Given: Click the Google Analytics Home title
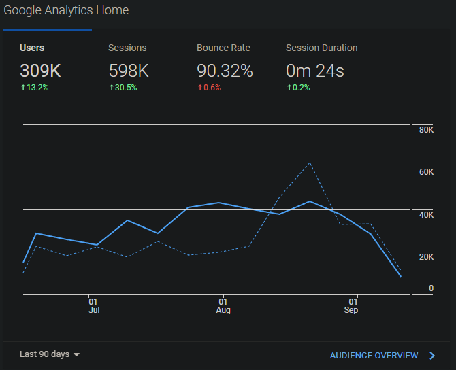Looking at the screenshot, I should point(66,10).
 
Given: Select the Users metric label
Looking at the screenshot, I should point(32,48).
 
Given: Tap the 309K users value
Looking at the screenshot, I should point(41,70).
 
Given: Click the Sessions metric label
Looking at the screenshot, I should point(127,48).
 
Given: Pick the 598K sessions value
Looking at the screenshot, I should point(129,70).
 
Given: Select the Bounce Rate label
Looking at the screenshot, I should point(223,48).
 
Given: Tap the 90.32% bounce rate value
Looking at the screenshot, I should point(225,70).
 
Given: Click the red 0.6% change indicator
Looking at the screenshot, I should point(210,88).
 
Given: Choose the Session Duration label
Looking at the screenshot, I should point(321,48).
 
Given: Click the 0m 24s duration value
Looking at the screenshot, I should point(315,70).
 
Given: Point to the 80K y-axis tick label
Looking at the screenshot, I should point(426,130).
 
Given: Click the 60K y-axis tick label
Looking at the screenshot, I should point(426,172).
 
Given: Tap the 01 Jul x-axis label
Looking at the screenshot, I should point(93,305).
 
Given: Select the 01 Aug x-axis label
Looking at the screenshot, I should point(223,305).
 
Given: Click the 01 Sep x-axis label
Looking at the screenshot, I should point(351,305).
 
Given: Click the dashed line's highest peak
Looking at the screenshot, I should point(310,163).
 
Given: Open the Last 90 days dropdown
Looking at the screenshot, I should point(50,354).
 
